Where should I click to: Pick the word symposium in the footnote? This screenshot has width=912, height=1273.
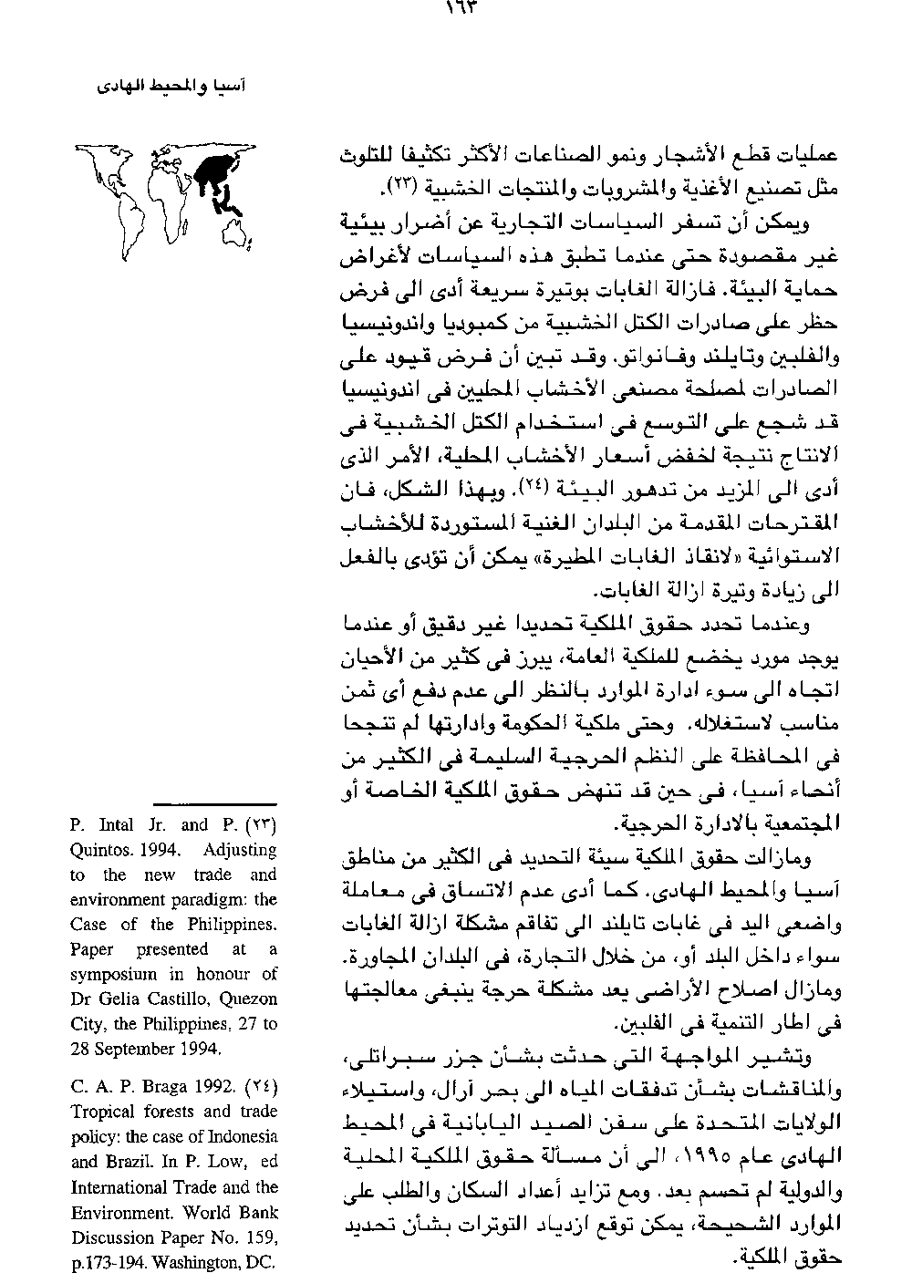pos(113,974)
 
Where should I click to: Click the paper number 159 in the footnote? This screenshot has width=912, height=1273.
pos(259,1237)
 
